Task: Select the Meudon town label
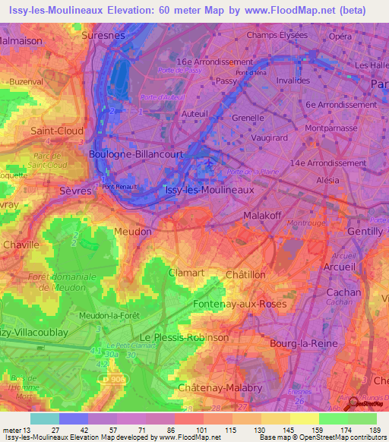(x=132, y=231)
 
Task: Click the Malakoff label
(x=263, y=216)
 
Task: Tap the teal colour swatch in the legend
(x=45, y=418)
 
